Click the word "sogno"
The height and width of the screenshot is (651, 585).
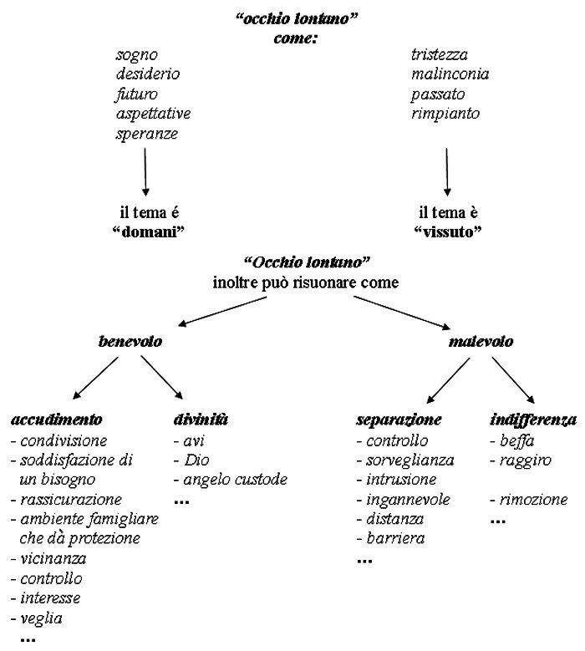pyautogui.click(x=136, y=55)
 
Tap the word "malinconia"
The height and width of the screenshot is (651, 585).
pyautogui.click(x=450, y=74)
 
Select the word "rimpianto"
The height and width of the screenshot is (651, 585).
pyautogui.click(x=445, y=114)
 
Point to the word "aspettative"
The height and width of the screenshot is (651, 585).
pyautogui.click(x=153, y=114)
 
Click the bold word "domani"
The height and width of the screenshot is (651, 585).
pyautogui.click(x=148, y=231)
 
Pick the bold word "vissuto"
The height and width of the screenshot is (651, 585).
pyautogui.click(x=448, y=231)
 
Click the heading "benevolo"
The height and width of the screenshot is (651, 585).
pyautogui.click(x=130, y=341)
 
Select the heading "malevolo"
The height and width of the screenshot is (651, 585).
pyautogui.click(x=481, y=341)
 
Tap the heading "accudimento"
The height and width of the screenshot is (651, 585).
pyautogui.click(x=57, y=420)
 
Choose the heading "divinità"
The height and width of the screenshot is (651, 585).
pyautogui.click(x=201, y=420)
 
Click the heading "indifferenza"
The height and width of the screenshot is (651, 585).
pyautogui.click(x=533, y=420)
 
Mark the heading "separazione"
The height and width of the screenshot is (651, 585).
pyautogui.click(x=399, y=420)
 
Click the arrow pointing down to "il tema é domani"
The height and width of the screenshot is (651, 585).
pyautogui.click(x=145, y=172)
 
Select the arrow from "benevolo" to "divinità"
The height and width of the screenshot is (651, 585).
pyautogui.click(x=161, y=377)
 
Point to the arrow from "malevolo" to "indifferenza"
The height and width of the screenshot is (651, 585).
pyautogui.click(x=513, y=380)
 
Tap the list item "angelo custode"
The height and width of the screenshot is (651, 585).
pyautogui.click(x=236, y=480)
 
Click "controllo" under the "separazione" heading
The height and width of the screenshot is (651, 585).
pyautogui.click(x=397, y=440)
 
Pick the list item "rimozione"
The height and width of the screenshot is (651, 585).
pyautogui.click(x=533, y=500)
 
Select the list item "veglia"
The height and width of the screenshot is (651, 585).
pyautogui.click(x=42, y=619)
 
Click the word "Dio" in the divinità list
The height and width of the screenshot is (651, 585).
pyautogui.click(x=196, y=460)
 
